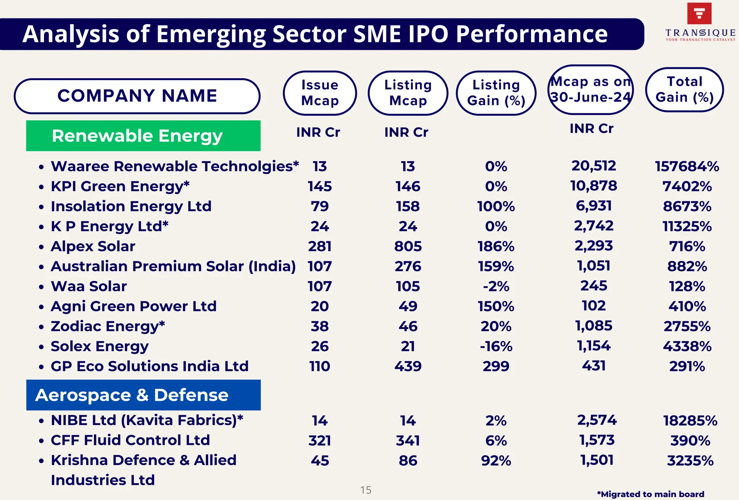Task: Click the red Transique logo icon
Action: tap(699, 14)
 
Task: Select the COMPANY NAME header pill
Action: tap(137, 96)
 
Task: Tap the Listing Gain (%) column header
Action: tap(496, 93)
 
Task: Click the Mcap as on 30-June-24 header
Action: tap(590, 89)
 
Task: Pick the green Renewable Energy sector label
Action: tap(143, 136)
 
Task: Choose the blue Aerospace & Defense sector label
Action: tap(143, 395)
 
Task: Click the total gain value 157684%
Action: tap(687, 167)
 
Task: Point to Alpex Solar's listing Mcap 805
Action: tap(408, 247)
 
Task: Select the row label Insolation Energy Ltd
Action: tap(131, 207)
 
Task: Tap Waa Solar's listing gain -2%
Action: tap(496, 287)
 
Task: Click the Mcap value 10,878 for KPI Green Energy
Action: tap(594, 186)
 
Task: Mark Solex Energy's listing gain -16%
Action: tap(496, 346)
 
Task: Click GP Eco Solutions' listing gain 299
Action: tap(496, 366)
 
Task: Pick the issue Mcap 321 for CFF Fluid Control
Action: tap(320, 441)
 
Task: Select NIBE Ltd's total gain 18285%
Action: tap(690, 421)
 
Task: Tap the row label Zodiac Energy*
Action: tap(108, 326)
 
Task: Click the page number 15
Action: tap(366, 490)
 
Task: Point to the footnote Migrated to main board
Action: tap(650, 494)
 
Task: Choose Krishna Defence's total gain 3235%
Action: tap(690, 461)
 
